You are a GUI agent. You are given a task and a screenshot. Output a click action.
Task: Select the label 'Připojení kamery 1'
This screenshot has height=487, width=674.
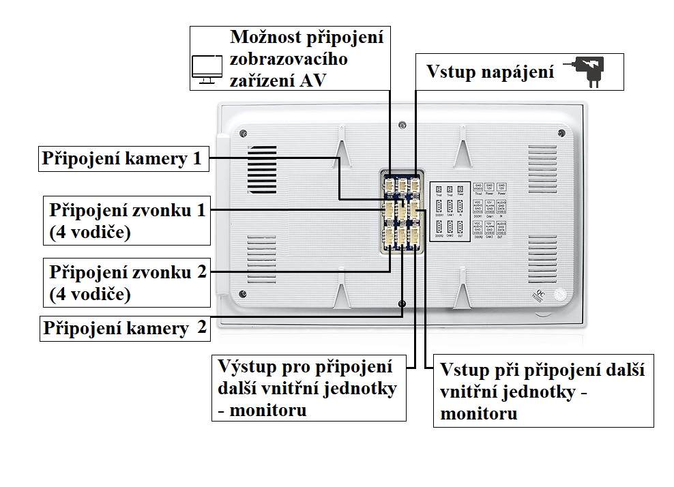122,159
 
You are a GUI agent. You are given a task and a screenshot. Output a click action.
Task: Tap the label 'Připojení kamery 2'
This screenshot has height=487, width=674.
125,328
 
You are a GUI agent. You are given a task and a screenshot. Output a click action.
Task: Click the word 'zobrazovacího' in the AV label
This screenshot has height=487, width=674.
289,59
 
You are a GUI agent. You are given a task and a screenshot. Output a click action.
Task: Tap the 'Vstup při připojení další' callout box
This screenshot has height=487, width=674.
543,391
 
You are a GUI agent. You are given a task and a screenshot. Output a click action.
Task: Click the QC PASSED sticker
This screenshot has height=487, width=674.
560,293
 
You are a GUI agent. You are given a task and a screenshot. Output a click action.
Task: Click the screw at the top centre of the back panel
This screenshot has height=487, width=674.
402,125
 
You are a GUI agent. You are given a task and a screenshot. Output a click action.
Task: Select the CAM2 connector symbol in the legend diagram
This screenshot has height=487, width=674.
450,227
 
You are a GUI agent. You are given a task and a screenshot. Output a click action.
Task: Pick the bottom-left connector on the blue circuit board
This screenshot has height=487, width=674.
389,235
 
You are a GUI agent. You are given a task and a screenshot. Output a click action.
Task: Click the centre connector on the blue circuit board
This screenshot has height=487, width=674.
402,211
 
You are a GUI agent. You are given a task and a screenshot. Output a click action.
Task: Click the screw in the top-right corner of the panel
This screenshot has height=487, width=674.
561,132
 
